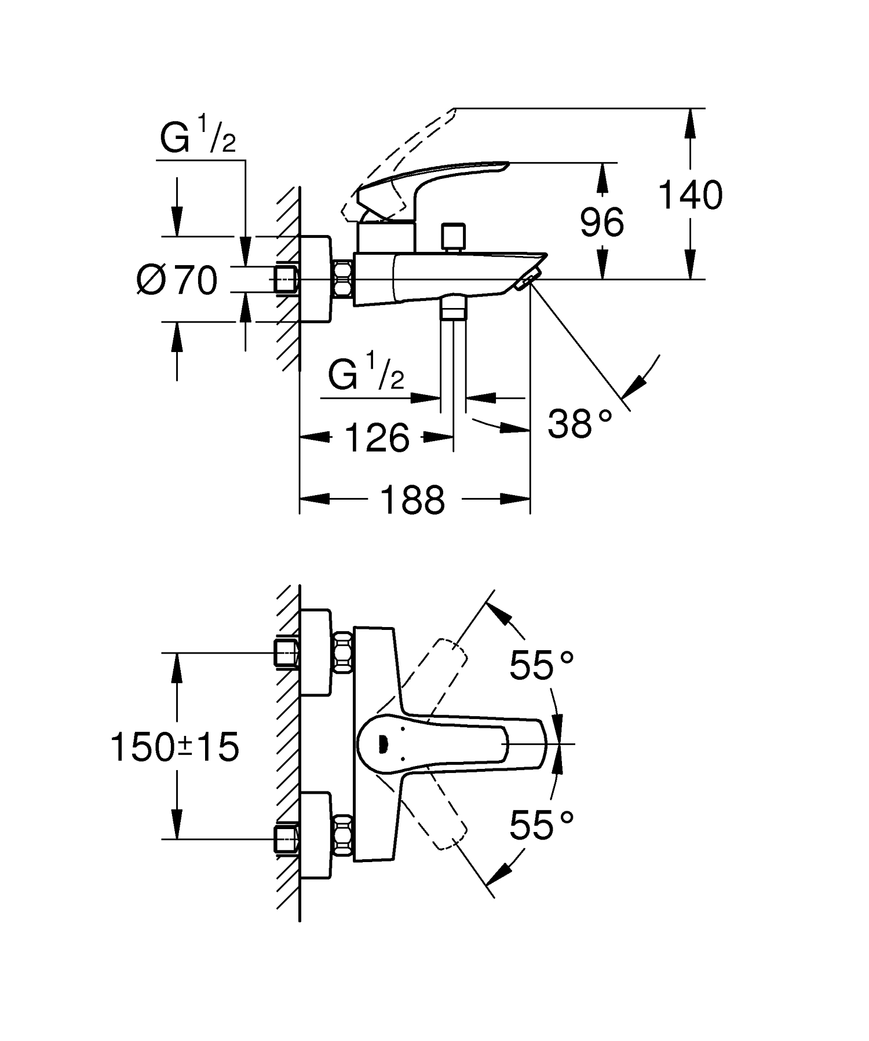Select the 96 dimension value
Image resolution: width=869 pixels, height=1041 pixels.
[x=602, y=222]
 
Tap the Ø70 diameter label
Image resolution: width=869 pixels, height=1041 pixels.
[x=177, y=280]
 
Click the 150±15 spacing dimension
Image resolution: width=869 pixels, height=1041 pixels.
[x=174, y=746]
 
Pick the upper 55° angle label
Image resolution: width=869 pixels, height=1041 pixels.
[x=541, y=665]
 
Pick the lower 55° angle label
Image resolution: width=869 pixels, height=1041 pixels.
[x=541, y=824]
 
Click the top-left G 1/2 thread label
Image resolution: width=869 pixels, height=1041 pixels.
[x=198, y=135]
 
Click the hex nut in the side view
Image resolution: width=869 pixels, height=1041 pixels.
[x=344, y=280]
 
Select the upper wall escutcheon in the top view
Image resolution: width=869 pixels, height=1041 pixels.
[x=316, y=653]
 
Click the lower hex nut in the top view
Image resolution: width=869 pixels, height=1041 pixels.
[x=344, y=837]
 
